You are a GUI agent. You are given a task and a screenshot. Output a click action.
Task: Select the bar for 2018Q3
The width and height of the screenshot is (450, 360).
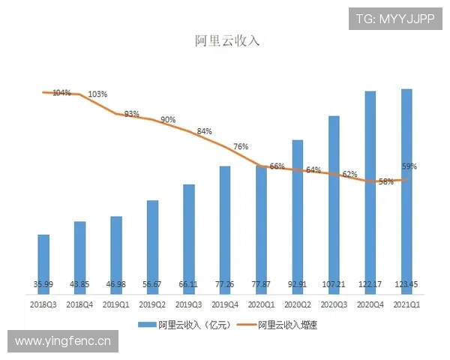coord(44,262)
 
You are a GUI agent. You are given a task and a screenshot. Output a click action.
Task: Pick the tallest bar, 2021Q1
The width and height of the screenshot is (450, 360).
coord(406,187)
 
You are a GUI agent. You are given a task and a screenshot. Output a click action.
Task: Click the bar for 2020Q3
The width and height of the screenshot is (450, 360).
coord(334,202)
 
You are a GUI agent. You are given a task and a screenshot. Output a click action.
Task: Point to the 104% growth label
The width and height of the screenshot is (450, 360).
coord(61,93)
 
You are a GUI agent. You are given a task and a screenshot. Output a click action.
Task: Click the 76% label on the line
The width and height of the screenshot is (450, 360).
coord(241,147)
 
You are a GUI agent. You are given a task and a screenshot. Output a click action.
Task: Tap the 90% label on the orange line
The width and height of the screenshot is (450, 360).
coord(168,120)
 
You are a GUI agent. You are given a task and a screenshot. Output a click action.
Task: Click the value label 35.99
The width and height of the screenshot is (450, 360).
coord(43,285)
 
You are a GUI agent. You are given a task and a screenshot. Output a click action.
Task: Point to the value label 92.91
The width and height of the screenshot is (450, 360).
coord(298,285)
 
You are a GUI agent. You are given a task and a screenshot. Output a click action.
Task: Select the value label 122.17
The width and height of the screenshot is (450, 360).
coord(370,285)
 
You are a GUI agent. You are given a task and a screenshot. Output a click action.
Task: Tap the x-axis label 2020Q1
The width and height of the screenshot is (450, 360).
coord(262,304)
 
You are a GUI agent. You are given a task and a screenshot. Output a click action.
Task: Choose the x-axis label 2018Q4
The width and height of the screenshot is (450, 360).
coord(80,304)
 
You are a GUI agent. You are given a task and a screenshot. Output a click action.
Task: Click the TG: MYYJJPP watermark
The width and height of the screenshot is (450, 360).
coord(395,19)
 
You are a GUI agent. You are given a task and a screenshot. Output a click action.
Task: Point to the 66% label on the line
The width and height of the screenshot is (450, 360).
coord(277,166)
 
